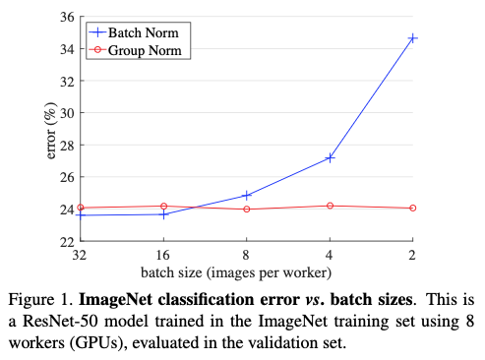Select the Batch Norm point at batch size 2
(412, 38)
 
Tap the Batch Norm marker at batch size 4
(330, 157)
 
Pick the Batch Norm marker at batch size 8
(247, 195)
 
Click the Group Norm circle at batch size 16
(163, 207)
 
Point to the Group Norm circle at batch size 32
(81, 208)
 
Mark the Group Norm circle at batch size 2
(412, 208)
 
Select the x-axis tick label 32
(81, 254)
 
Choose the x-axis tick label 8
(247, 254)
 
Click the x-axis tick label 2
(412, 254)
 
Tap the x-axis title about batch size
(246, 271)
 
